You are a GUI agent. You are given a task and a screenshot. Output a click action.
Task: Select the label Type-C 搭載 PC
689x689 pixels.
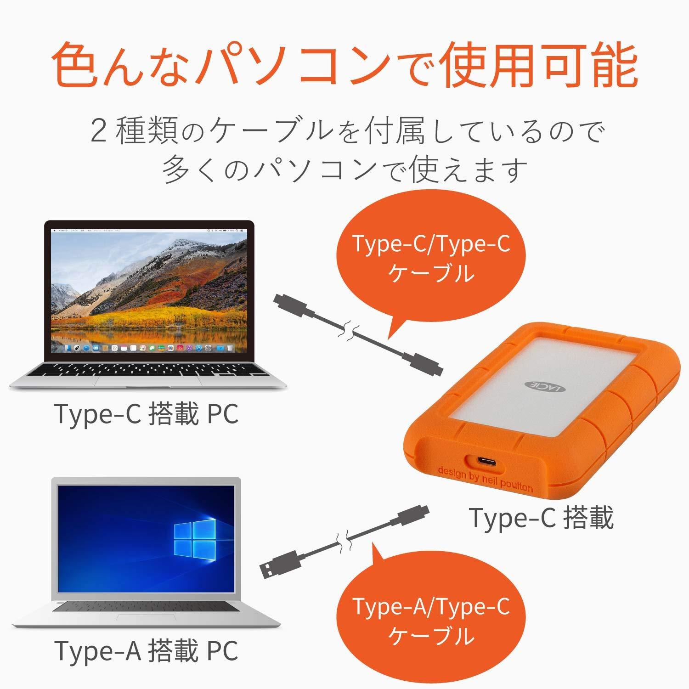(146, 413)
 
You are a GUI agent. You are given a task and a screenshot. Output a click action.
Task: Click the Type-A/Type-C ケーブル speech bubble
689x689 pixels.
(431, 620)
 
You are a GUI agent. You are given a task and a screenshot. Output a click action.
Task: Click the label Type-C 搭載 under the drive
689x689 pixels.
(541, 518)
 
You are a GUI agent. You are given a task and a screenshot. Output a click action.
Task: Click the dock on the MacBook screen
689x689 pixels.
(148, 348)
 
